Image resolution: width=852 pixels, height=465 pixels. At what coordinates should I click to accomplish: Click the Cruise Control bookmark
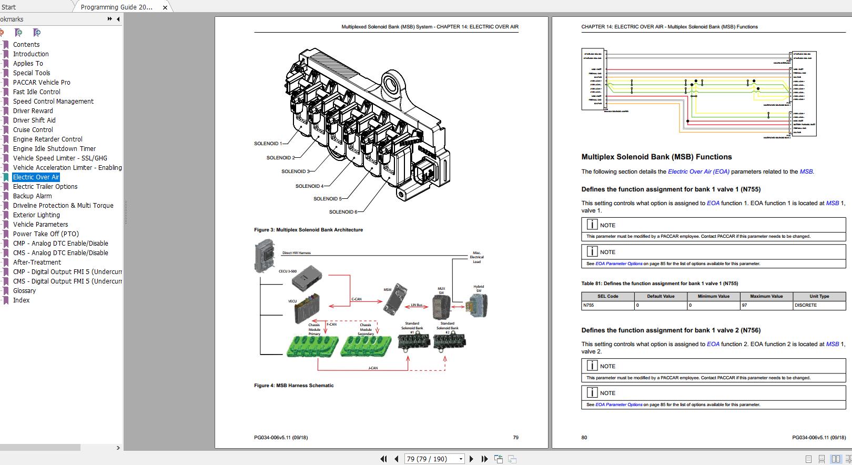33,130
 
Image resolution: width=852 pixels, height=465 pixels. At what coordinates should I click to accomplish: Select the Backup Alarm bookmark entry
32,196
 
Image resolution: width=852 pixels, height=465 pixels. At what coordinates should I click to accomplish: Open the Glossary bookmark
24,291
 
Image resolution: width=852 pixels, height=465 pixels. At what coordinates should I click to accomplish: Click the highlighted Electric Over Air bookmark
36,177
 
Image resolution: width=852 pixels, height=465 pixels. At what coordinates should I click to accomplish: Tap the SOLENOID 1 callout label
268,144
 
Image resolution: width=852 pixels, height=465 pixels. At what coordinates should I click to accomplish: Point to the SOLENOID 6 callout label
342,212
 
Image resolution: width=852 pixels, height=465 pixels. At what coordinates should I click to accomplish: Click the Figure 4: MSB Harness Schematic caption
293,386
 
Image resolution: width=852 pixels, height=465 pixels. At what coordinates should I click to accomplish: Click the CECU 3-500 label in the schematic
288,271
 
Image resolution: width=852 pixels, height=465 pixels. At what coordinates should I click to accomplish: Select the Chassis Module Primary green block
311,347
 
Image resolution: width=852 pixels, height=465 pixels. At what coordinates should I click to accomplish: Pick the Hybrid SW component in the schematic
479,305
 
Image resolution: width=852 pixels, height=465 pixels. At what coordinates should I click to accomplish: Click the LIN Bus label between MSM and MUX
417,305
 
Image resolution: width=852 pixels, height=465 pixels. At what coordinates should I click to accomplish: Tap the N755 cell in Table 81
589,305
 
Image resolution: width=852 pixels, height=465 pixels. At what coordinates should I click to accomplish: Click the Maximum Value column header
766,296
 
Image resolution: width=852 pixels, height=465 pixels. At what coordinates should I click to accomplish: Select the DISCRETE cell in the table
806,305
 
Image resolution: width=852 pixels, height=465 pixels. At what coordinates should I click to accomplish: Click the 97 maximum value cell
744,305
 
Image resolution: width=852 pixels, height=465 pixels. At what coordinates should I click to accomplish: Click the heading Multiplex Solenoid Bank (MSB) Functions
656,157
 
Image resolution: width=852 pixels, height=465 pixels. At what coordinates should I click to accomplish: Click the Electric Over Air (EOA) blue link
698,171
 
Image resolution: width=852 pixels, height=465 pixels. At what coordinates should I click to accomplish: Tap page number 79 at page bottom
515,437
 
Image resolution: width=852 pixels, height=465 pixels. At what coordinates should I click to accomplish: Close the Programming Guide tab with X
165,7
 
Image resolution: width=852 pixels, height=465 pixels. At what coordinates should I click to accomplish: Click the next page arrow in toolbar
471,459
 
